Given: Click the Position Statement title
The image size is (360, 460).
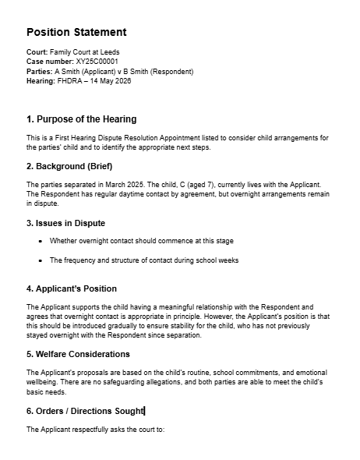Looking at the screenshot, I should pyautogui.click(x=76, y=32).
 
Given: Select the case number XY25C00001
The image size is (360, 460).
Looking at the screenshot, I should pyautogui.click(x=97, y=62).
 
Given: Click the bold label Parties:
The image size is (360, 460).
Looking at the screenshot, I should pyautogui.click(x=39, y=71).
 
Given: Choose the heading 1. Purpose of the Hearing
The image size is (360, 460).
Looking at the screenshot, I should pyautogui.click(x=81, y=119).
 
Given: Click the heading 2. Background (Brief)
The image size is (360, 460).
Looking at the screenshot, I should pyautogui.click(x=69, y=167).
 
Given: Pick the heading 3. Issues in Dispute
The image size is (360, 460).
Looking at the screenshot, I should pyautogui.click(x=65, y=223).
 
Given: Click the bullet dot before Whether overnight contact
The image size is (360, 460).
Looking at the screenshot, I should pyautogui.click(x=40, y=242).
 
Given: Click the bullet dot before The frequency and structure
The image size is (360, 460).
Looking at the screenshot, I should pyautogui.click(x=40, y=260).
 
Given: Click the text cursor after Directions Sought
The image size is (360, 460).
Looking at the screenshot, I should pyautogui.click(x=145, y=411).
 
